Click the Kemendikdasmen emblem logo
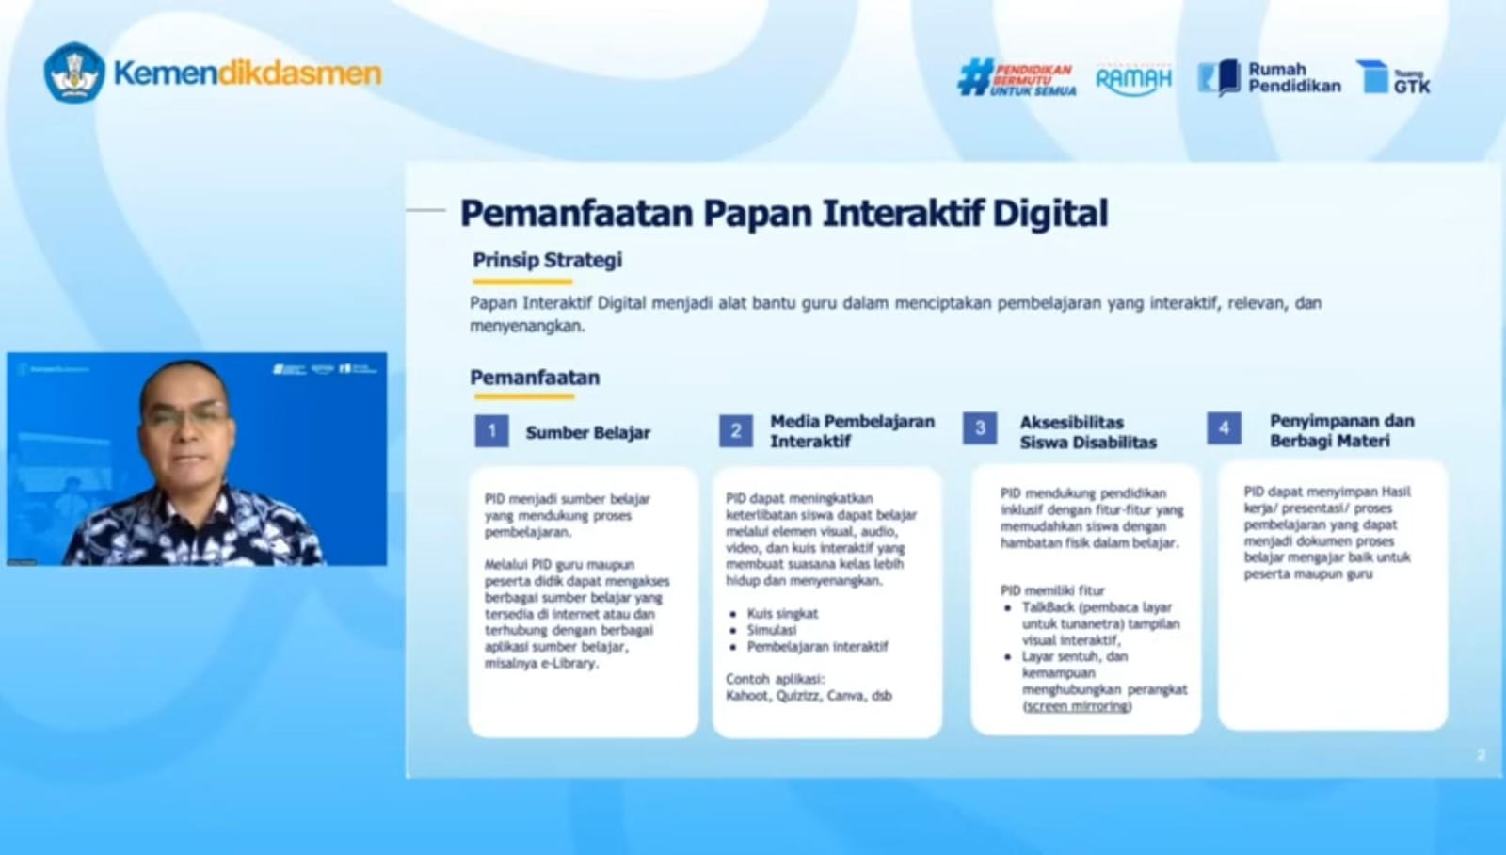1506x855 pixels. [x=73, y=73]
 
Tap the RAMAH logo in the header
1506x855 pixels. [x=1133, y=79]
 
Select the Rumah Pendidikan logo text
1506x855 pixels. [x=1293, y=77]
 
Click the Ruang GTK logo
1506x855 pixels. [x=1393, y=77]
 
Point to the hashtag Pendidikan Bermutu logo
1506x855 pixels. [x=1017, y=79]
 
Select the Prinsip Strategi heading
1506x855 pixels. [x=547, y=260]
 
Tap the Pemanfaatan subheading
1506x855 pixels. [x=535, y=378]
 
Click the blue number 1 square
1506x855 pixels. [x=491, y=431]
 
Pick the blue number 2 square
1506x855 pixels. [x=736, y=431]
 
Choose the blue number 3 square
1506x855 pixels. [x=980, y=428]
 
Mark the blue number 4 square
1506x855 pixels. [x=1224, y=428]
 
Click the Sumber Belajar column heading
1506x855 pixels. [x=587, y=433]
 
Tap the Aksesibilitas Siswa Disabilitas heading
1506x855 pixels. [x=1088, y=432]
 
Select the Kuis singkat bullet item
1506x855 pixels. [x=782, y=613]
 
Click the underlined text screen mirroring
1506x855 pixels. [x=1077, y=706]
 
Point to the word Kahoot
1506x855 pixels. [x=746, y=696]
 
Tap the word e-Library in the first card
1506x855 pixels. [x=569, y=664]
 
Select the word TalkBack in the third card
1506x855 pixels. [x=1048, y=607]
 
